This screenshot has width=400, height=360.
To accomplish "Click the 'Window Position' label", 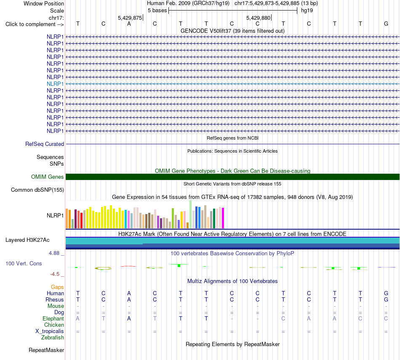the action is [44, 3].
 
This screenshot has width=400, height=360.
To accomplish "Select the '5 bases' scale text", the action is [157, 11].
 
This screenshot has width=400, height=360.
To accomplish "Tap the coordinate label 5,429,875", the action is [130, 18].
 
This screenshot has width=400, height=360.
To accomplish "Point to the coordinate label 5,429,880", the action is [258, 18].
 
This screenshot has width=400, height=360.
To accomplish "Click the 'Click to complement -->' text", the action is [35, 24].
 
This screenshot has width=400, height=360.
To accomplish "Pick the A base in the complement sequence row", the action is [129, 24].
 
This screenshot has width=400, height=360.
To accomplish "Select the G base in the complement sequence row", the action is [386, 24].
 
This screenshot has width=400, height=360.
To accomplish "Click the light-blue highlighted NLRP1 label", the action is [55, 84].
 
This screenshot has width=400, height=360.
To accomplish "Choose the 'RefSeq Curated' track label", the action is [45, 144].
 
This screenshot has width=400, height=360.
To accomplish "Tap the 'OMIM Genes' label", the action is [48, 177].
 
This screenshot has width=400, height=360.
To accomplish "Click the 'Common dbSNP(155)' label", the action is [37, 190].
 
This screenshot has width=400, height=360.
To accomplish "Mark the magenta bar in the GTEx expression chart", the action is [223, 218].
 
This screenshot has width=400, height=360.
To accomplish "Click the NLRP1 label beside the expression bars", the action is [55, 216].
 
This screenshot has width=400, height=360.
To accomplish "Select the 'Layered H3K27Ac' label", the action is [27, 240].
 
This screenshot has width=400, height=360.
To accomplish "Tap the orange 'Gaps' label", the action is [57, 287].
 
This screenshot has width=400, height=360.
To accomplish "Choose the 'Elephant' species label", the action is [53, 319].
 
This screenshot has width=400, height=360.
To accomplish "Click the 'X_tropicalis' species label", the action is [50, 331].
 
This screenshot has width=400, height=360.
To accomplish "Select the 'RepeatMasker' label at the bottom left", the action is [46, 350].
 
